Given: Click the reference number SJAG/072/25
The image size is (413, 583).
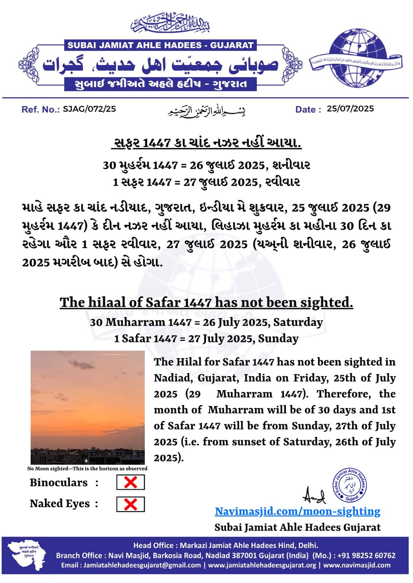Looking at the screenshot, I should tap(89, 109).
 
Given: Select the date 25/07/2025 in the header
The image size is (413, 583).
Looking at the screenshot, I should tap(350, 109).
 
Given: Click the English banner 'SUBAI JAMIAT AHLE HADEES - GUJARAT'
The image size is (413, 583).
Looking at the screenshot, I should tap(160, 46).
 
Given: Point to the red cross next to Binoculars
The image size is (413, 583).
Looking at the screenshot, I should tap(130, 482).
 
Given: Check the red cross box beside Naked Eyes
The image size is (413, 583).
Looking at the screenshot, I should tap(130, 504).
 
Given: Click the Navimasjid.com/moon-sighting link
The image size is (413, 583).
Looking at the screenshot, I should tap(297, 511).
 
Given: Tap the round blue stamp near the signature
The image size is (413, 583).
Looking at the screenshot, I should tap(349, 485).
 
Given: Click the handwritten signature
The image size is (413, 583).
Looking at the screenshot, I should tap(314, 496).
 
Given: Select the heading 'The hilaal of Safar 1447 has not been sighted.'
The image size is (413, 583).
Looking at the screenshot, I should tap(206, 302).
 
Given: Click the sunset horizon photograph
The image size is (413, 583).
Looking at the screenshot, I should tap(87, 407).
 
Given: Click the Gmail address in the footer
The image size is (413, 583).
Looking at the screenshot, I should tap(142, 565).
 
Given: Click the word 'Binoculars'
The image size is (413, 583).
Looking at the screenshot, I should tap(59, 482).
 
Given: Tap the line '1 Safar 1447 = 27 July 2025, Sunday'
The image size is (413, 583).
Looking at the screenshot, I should tap(206, 339).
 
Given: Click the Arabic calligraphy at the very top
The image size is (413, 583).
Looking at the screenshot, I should tap(170, 23).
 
